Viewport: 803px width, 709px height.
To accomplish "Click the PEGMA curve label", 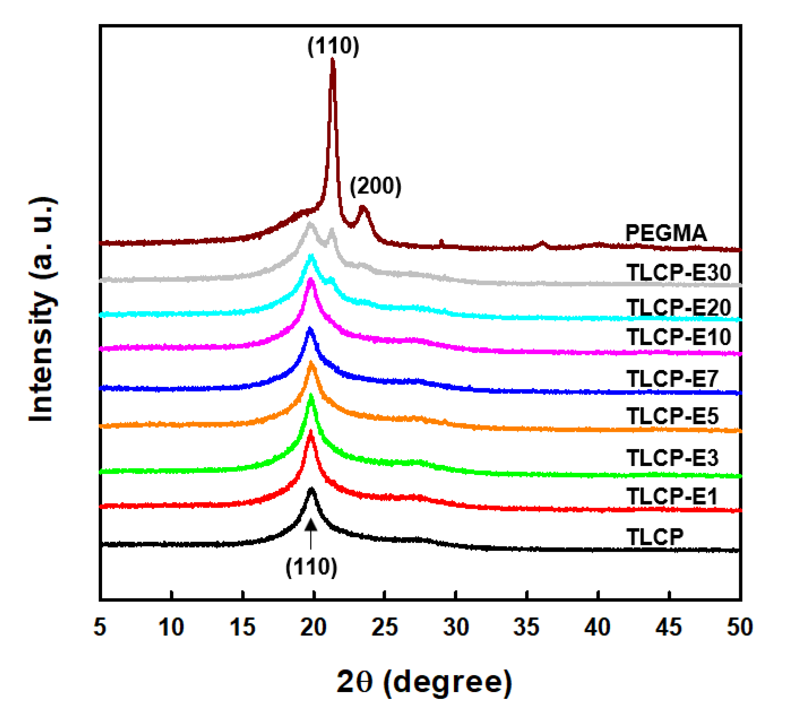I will pyautogui.click(x=666, y=234).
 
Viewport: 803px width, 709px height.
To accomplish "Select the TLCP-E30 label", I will pyautogui.click(x=678, y=272).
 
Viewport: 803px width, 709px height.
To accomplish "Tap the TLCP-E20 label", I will pyautogui.click(x=678, y=307).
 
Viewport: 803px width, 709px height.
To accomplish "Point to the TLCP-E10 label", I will pyautogui.click(x=678, y=337).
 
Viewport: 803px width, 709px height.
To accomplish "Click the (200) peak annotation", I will pyautogui.click(x=375, y=186).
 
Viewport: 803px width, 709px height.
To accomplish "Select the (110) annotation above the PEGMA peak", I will pyautogui.click(x=333, y=46).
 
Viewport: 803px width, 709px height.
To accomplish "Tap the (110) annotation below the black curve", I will pyautogui.click(x=311, y=567).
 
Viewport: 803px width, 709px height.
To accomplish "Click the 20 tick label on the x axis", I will pyautogui.click(x=313, y=627).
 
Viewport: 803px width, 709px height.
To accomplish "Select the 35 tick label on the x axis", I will pyautogui.click(x=526, y=627).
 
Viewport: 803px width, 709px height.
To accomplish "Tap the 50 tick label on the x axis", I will pyautogui.click(x=739, y=627).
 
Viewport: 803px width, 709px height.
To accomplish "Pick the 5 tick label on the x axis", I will pyautogui.click(x=100, y=627).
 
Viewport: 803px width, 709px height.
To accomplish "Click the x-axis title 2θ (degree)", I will pyautogui.click(x=424, y=683).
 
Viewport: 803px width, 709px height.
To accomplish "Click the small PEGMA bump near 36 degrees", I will pyautogui.click(x=542, y=244).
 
